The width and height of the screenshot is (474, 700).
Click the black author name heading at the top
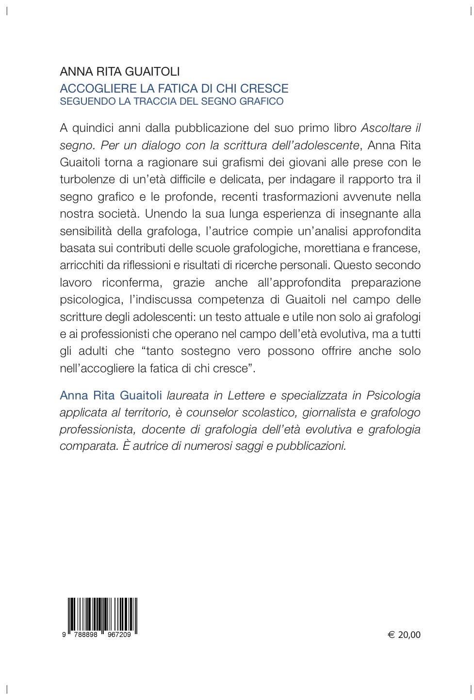[120, 72]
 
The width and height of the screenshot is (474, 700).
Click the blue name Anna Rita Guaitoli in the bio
[111, 396]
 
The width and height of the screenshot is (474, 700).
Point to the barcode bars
[102, 615]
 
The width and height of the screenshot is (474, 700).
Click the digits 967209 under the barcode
[119, 635]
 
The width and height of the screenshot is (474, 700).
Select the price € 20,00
[404, 635]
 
